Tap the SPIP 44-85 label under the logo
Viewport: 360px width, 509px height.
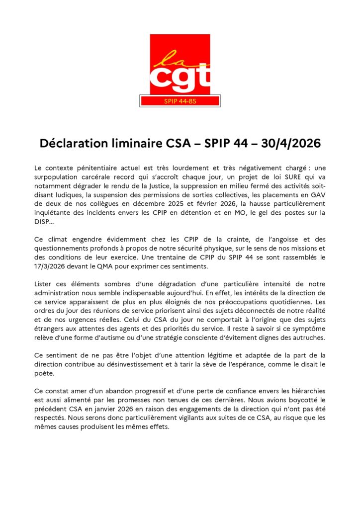180,101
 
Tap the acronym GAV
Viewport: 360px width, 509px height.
318,194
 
